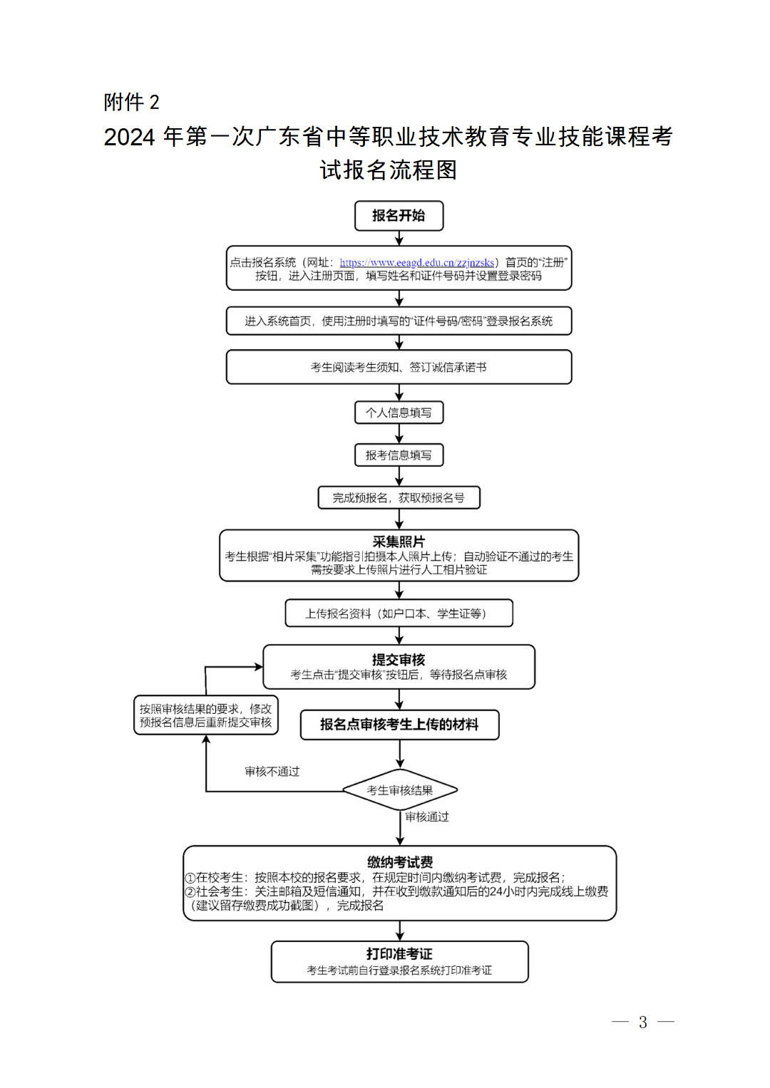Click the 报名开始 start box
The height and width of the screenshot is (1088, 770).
coord(399,216)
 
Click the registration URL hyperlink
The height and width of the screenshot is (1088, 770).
coord(417,263)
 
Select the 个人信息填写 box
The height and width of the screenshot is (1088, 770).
coord(399,413)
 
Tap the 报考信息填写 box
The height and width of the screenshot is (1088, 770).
coord(399,455)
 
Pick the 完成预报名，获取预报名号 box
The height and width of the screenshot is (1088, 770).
coord(399,498)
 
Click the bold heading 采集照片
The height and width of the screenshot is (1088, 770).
coord(399,542)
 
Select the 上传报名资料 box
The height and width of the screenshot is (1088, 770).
coord(399,613)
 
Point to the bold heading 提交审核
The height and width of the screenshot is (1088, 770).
coord(399,660)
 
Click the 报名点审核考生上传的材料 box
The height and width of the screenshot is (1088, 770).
coord(399,725)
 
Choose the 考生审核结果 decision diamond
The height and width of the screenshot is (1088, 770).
coord(400,790)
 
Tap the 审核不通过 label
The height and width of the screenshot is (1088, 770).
coord(272,772)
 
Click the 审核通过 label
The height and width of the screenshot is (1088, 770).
coord(427,817)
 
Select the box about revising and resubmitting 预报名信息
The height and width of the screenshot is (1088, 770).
coord(206,715)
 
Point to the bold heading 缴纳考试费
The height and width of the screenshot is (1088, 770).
coord(400,862)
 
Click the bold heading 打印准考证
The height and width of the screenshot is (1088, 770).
coord(399,954)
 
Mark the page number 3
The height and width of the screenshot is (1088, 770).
coord(642,1022)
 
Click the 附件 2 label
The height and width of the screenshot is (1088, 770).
coord(132,103)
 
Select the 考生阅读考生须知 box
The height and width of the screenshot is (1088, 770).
coord(399,367)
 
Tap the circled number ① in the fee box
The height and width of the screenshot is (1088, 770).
coord(190,879)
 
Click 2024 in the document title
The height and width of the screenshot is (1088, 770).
coord(129,137)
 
